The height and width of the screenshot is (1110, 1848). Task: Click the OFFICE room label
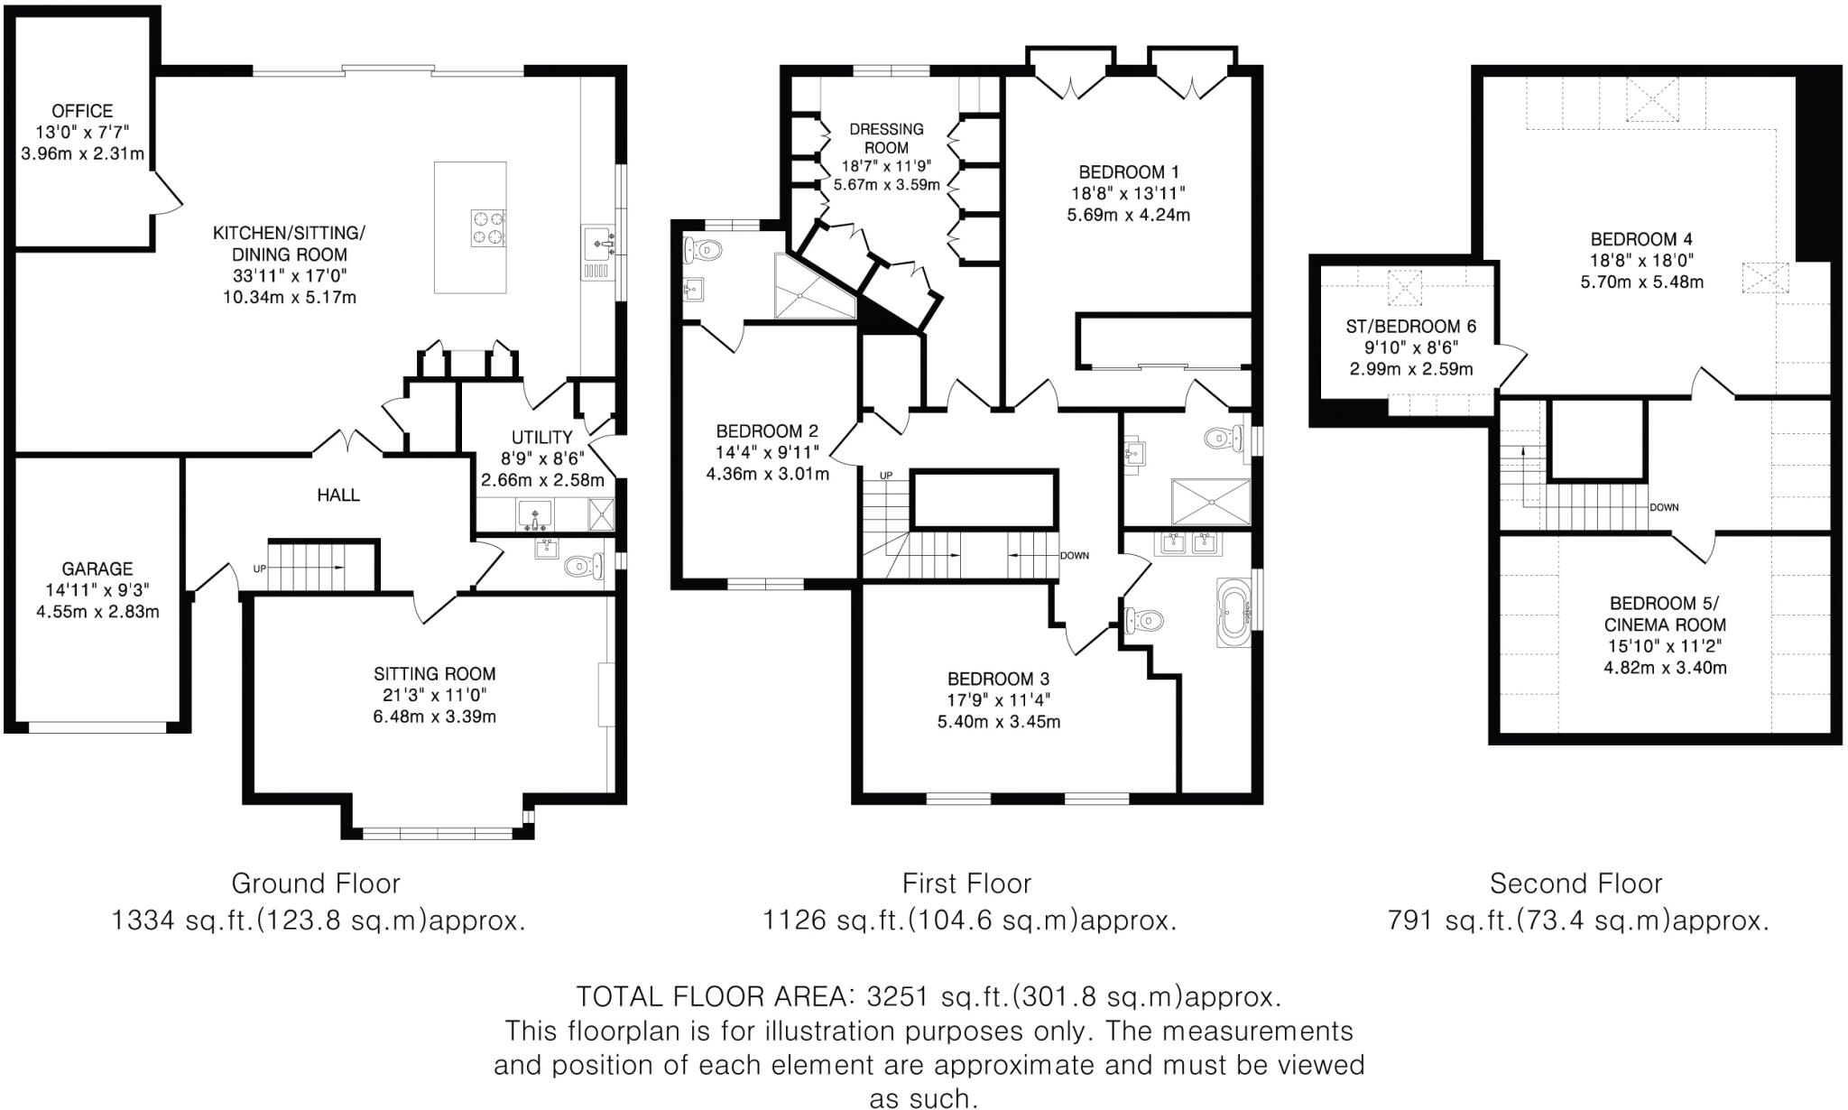[82, 111]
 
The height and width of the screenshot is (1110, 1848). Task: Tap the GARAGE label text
[97, 569]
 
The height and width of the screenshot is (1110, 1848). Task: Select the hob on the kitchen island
[487, 227]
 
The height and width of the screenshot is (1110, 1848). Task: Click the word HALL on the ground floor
[338, 495]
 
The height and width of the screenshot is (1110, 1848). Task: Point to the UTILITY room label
[541, 438]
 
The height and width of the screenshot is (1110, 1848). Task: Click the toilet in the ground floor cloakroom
[584, 567]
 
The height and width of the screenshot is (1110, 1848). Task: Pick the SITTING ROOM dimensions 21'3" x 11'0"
[435, 695]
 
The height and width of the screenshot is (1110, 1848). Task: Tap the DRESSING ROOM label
[886, 138]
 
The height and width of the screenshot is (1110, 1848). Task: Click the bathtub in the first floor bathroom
[1234, 613]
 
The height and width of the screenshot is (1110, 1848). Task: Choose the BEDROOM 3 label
[998, 679]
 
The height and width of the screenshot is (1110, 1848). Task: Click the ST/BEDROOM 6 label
[1410, 327]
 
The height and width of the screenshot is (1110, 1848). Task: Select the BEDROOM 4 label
[1640, 239]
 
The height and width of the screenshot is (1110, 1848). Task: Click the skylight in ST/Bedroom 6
[1403, 287]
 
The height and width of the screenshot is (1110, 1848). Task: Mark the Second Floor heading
[1575, 883]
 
